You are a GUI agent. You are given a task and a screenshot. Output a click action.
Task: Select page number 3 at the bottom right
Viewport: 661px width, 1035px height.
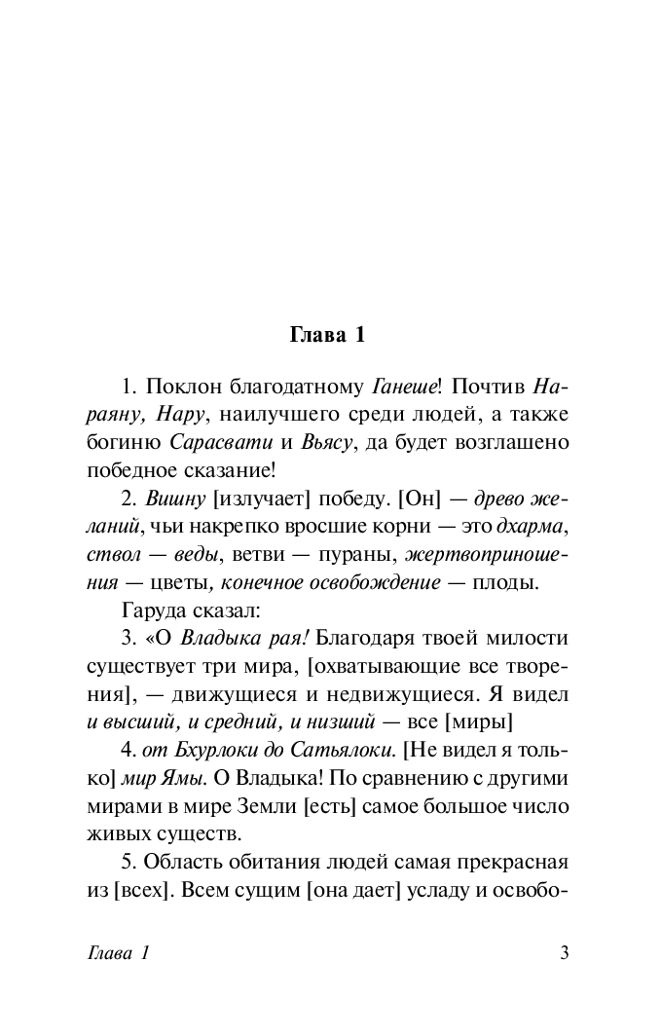564,953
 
